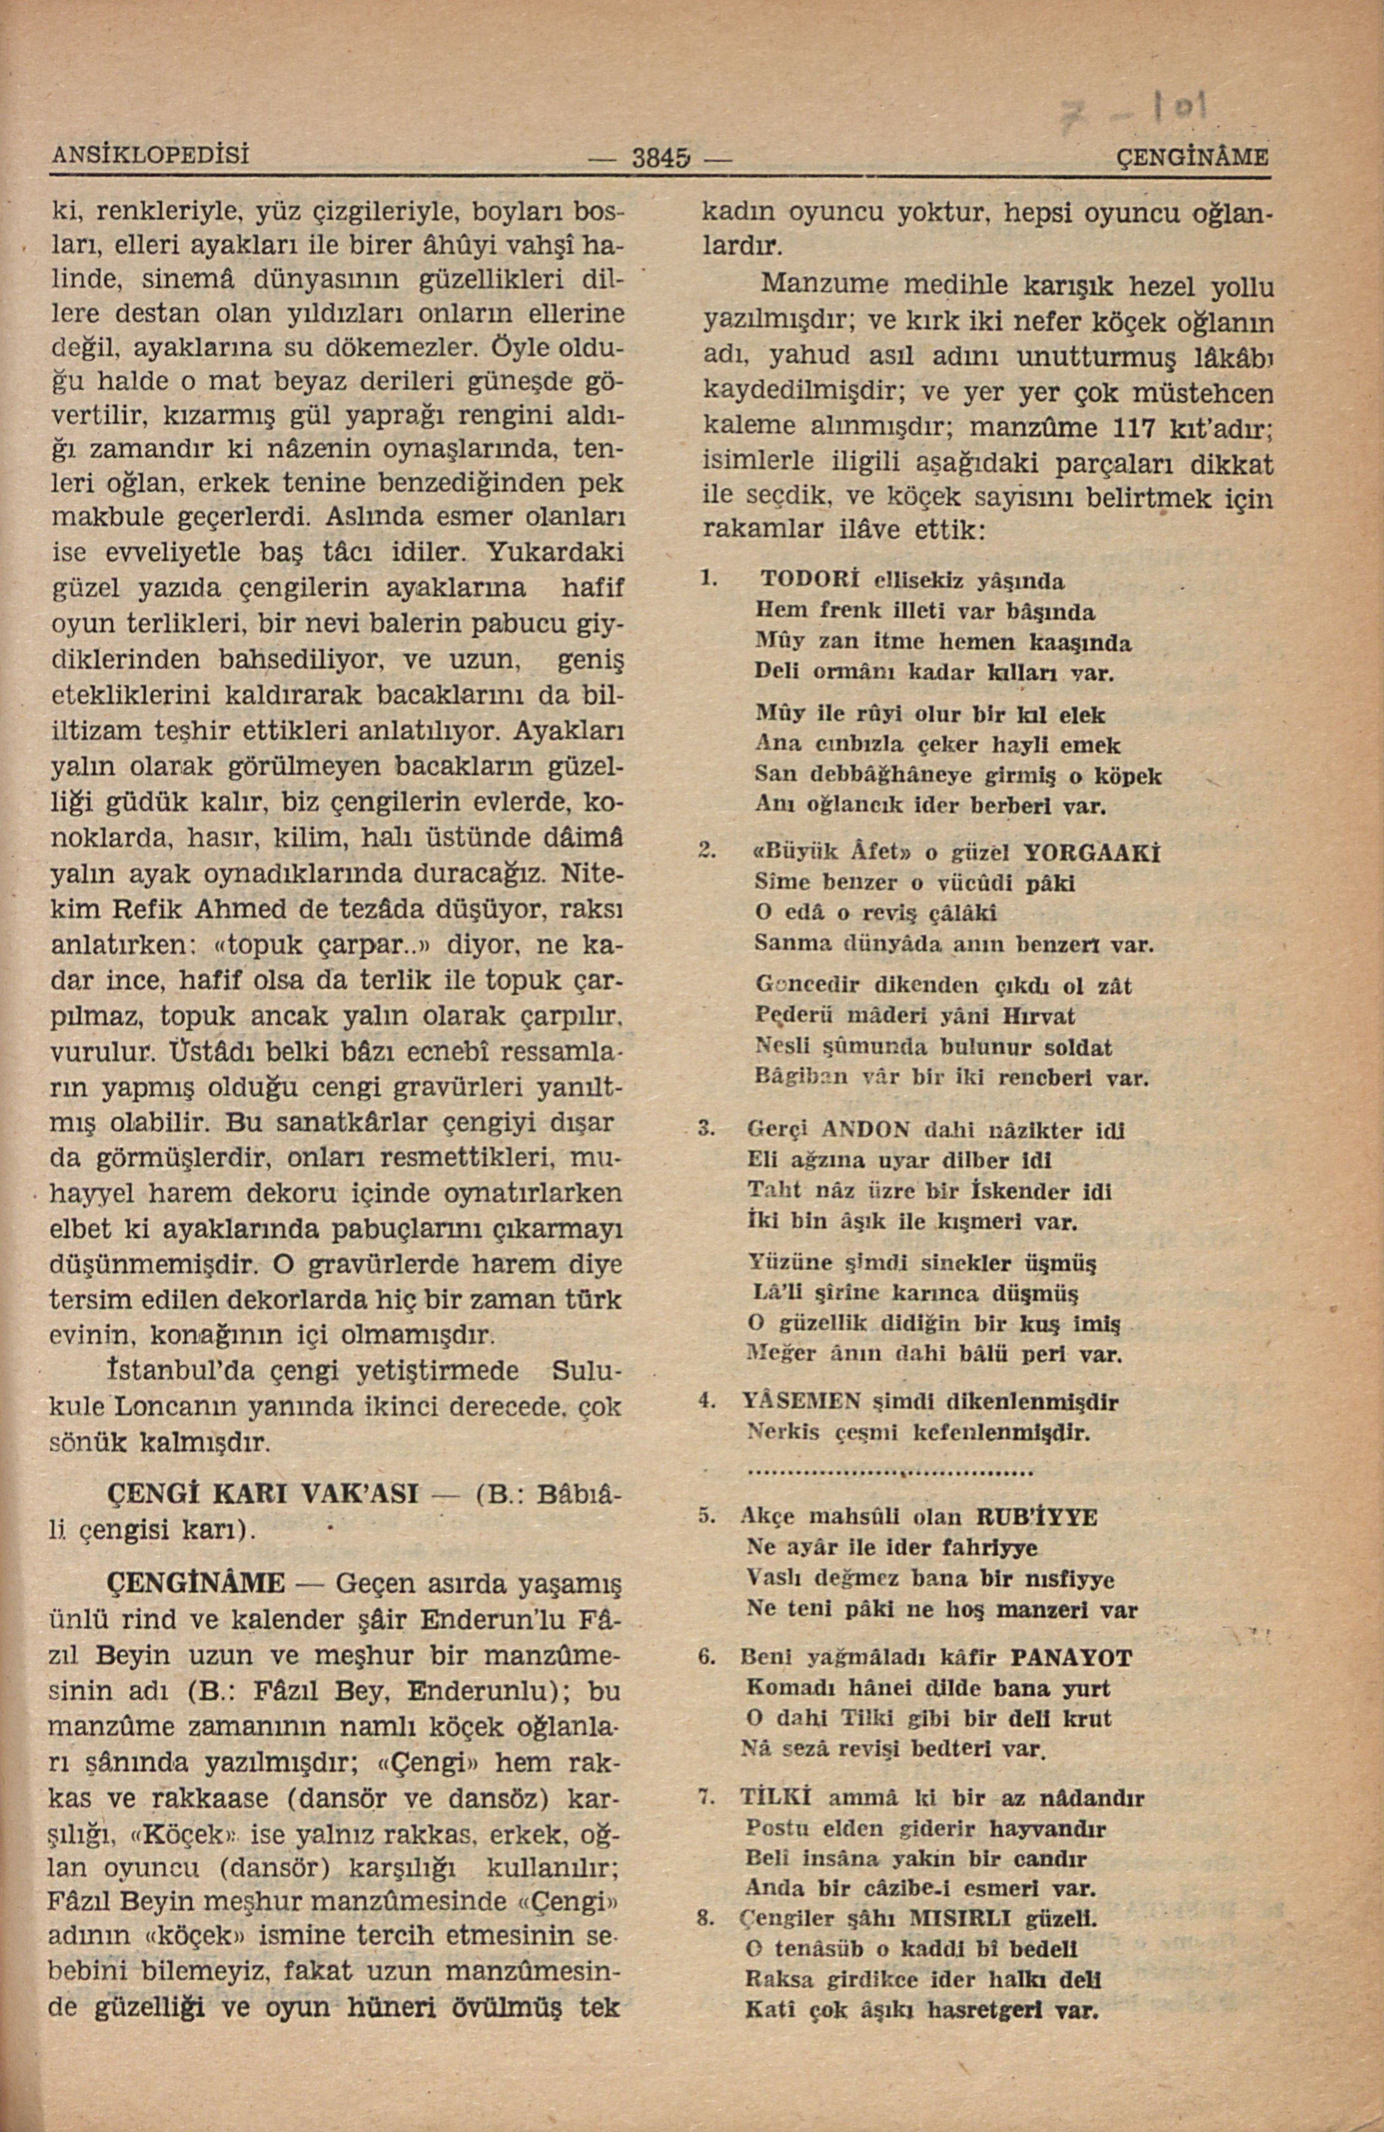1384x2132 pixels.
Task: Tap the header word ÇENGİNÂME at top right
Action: point(1195,158)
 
